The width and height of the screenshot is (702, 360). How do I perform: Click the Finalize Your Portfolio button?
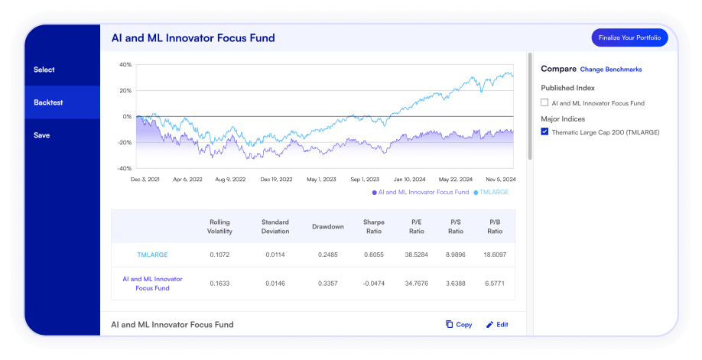click(629, 37)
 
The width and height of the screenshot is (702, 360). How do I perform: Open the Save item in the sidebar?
click(42, 135)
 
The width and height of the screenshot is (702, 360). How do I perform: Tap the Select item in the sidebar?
click(44, 70)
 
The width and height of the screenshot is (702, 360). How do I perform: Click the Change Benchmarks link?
click(611, 70)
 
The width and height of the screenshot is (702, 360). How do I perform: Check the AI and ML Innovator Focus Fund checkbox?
click(544, 102)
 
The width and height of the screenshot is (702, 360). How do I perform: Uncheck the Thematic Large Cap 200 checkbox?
click(544, 131)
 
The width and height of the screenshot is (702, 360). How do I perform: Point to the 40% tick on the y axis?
click(125, 64)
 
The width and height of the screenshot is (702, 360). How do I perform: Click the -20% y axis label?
click(124, 142)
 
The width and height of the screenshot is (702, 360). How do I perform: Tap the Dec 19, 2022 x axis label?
click(276, 180)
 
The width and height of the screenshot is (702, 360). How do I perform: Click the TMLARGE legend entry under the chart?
click(493, 192)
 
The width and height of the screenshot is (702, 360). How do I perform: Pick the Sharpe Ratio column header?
click(374, 226)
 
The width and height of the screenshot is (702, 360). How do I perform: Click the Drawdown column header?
click(327, 226)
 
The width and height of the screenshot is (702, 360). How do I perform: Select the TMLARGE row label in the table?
click(152, 255)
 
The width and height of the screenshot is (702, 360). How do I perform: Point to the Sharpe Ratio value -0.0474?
click(374, 284)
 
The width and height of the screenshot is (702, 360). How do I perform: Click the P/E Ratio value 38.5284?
click(416, 255)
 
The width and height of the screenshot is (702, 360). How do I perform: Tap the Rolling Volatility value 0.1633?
click(219, 284)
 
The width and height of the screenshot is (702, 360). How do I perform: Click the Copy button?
click(459, 324)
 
